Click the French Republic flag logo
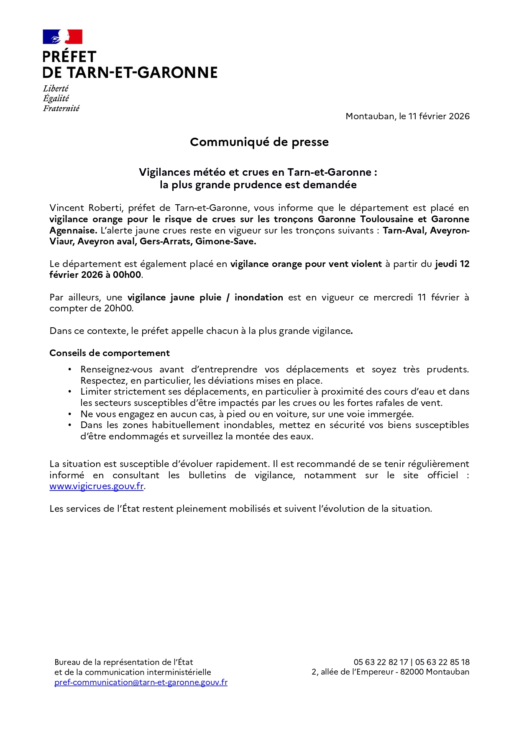[62, 37]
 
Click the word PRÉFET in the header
[69, 57]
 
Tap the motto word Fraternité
[61, 108]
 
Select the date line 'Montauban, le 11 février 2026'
[407, 116]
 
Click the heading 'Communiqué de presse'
[259, 142]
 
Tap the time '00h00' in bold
[127, 275]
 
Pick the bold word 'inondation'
[258, 298]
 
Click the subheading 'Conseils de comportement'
[110, 353]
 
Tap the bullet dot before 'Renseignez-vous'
[70, 370]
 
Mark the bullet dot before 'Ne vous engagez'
[70, 414]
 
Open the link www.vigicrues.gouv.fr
[97, 486]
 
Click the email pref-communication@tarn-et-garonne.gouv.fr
[141, 683]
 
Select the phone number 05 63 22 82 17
[381, 662]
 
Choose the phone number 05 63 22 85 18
[442, 662]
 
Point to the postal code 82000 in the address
[412, 672]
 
